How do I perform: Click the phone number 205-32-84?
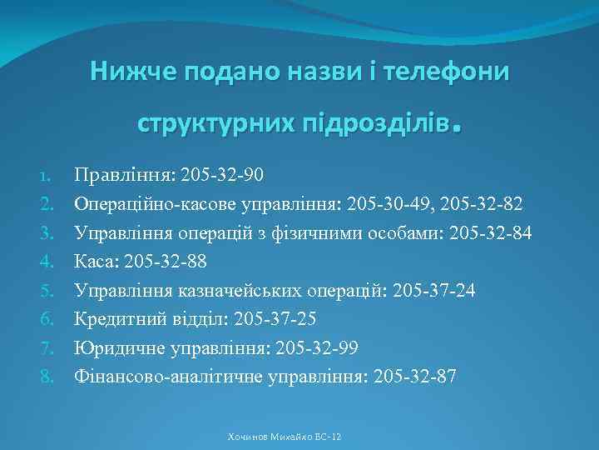[489, 232]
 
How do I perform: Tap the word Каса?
[97, 261]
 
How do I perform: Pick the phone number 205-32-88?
[166, 261]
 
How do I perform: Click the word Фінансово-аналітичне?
[169, 377]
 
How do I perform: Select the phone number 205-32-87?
[415, 377]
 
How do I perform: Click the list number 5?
[47, 290]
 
